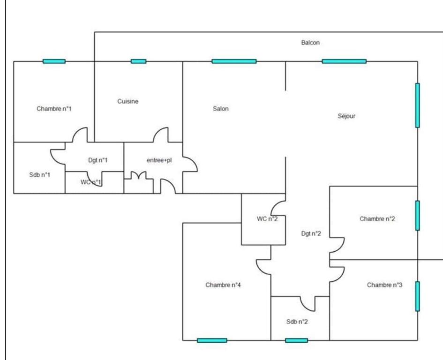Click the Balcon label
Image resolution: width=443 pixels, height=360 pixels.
(x=310, y=43)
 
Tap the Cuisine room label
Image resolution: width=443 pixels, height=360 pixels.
(x=128, y=101)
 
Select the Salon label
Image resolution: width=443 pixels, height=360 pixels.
(x=221, y=108)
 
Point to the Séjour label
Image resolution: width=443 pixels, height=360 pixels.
(x=346, y=116)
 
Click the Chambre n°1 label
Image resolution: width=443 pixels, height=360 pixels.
(x=54, y=108)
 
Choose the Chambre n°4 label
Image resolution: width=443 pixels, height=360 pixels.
(x=223, y=285)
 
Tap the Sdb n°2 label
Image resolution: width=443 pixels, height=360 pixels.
(x=297, y=322)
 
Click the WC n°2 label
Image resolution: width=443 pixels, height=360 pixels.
(x=267, y=219)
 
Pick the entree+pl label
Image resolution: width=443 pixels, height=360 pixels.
(x=159, y=160)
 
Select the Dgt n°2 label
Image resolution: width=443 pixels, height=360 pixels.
(x=311, y=233)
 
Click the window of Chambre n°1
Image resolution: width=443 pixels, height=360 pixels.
(x=54, y=61)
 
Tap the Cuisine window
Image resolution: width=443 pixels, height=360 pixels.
(x=138, y=61)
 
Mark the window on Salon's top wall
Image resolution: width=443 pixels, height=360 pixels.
(x=234, y=61)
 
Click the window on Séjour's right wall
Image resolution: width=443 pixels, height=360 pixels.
(x=418, y=105)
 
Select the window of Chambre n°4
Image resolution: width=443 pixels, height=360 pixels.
(x=212, y=340)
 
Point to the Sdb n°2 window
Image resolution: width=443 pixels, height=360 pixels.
(x=296, y=340)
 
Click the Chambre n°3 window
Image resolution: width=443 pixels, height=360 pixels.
(x=418, y=296)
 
